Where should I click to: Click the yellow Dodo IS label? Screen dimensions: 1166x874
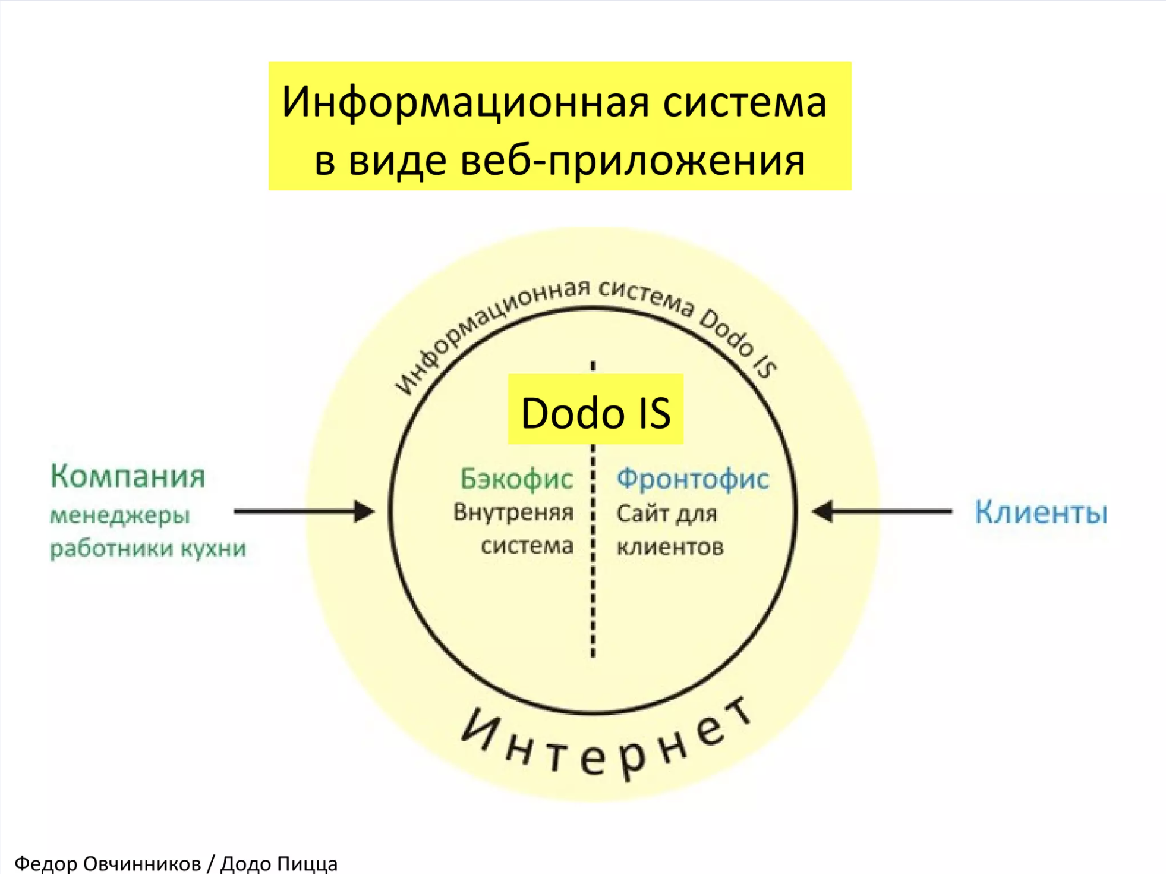[x=595, y=409]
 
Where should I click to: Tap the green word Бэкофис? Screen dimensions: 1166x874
[x=516, y=479]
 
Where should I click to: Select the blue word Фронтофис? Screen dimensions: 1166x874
[x=692, y=479]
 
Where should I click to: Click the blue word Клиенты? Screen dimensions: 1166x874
[x=1041, y=513]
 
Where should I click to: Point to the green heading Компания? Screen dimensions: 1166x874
[x=128, y=476]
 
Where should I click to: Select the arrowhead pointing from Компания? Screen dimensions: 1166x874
[x=364, y=511]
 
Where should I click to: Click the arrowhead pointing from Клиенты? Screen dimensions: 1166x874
[x=823, y=511]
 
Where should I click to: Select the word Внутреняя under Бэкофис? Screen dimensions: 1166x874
[x=513, y=513]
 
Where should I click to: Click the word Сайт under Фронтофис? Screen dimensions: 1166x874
[x=641, y=513]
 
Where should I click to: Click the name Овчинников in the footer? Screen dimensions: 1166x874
[x=142, y=863]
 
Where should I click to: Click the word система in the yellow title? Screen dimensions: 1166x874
[x=745, y=103]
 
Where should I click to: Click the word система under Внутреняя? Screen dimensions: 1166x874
[x=527, y=546]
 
